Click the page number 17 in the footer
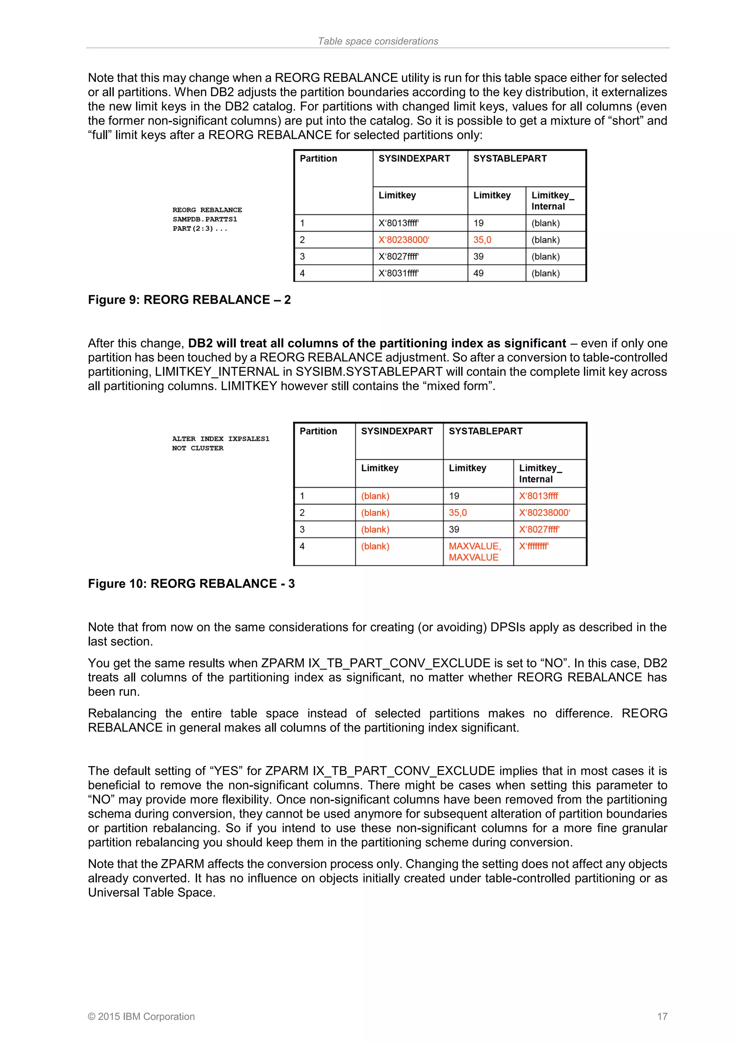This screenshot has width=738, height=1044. [662, 1016]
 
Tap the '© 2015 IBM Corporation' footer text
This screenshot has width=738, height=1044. [141, 1016]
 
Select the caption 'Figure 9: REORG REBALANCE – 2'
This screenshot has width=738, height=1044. [189, 299]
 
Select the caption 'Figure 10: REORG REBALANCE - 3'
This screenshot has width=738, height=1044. [191, 583]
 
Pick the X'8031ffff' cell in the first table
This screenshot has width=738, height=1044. [399, 273]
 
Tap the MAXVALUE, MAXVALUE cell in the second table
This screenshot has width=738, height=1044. [475, 552]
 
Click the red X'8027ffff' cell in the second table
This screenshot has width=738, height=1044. [539, 529]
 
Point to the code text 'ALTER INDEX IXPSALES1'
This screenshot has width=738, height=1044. [221, 439]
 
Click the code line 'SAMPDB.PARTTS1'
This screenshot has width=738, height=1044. [205, 219]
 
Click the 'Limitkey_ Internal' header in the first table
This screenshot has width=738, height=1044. [552, 200]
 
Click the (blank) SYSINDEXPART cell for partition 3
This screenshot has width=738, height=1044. [375, 529]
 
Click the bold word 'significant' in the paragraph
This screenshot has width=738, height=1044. [535, 343]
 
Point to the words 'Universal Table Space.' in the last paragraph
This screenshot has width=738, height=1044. [151, 892]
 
